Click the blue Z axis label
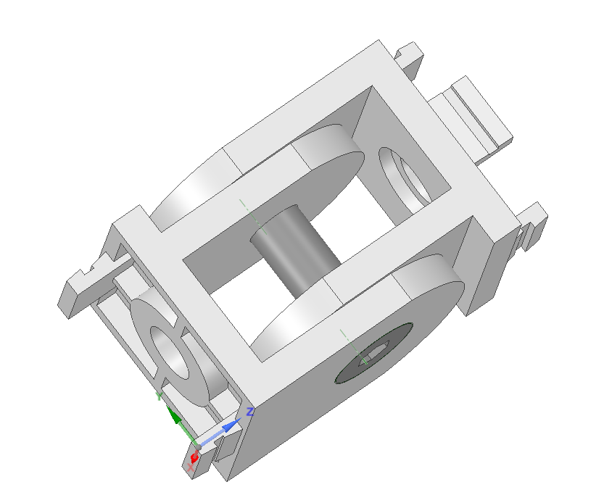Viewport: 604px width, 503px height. point(249,412)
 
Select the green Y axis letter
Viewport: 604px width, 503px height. point(159,396)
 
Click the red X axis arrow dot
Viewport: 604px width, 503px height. point(194,458)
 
